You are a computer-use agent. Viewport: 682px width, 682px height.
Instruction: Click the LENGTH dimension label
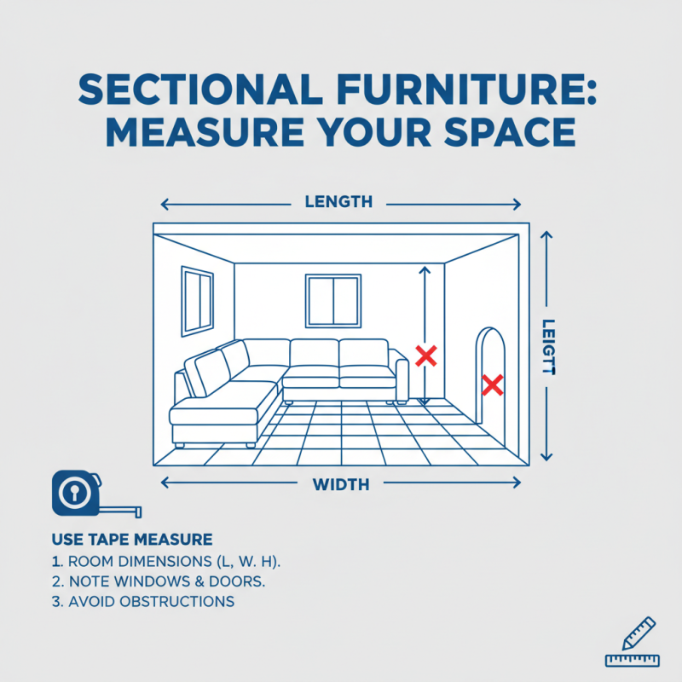338,202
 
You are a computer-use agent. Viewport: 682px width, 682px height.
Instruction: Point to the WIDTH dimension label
341,484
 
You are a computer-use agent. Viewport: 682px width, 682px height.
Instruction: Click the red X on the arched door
492,385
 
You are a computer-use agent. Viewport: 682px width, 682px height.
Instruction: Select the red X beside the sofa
425,356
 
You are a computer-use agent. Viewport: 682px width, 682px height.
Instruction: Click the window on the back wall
333,299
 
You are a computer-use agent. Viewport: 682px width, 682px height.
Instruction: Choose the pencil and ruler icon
632,642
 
